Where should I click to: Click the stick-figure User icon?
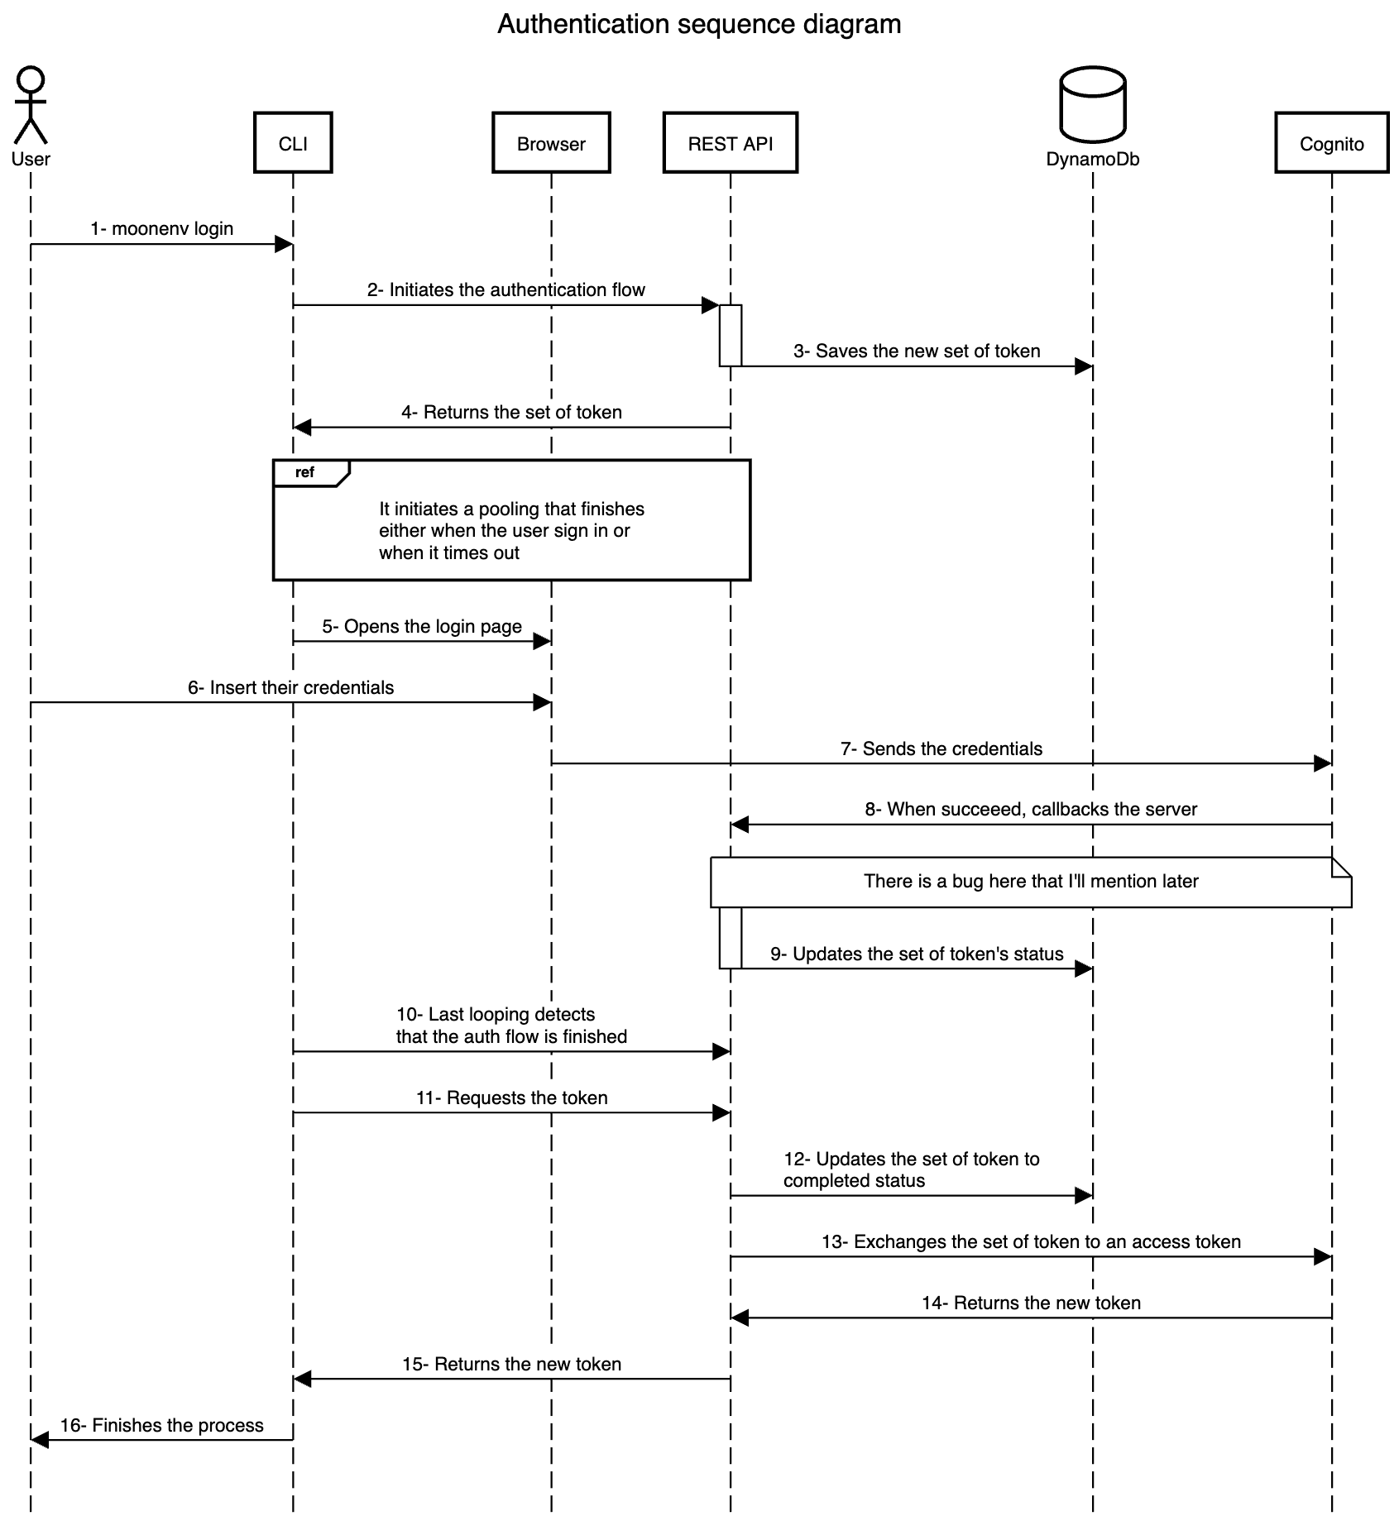point(31,105)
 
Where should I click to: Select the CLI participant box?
point(293,143)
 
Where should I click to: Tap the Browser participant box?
point(551,143)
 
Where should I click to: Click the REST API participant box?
point(730,143)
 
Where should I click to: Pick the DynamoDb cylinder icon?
point(1093,105)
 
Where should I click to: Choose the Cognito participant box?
point(1331,143)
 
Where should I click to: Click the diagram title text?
point(699,24)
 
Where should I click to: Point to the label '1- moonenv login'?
point(162,228)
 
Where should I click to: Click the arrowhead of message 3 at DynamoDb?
point(1084,366)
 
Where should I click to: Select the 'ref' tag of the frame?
point(305,472)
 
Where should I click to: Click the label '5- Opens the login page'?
point(422,626)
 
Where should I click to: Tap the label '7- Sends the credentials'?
point(941,748)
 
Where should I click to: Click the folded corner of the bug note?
point(1341,867)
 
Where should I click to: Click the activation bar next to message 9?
point(730,937)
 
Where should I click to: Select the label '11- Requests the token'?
point(511,1098)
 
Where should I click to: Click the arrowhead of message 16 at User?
point(39,1440)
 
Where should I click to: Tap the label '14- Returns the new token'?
point(1031,1303)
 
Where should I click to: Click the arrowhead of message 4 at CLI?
point(302,428)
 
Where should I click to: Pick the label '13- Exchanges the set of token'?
point(1031,1241)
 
